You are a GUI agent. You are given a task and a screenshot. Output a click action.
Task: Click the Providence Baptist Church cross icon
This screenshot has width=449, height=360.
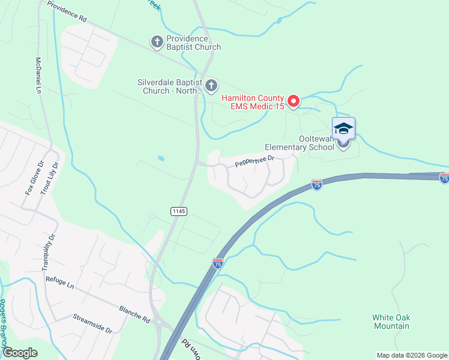click(157, 41)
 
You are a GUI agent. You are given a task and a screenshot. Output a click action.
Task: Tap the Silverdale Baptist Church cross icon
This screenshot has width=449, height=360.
click(211, 86)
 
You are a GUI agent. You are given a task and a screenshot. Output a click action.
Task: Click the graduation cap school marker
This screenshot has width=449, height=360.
click(343, 128)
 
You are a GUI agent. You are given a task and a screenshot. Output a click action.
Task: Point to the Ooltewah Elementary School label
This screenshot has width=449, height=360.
click(300, 147)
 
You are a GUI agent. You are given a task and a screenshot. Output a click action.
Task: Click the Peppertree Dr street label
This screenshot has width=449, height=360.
click(254, 161)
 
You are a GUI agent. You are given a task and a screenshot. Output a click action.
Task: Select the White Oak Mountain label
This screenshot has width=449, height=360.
click(391, 322)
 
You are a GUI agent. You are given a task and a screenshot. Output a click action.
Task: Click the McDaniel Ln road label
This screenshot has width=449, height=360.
click(38, 76)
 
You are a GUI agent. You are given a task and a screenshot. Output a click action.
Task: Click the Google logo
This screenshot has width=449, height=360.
click(20, 352)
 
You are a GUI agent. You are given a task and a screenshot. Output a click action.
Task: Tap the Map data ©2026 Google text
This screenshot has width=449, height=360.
click(411, 355)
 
